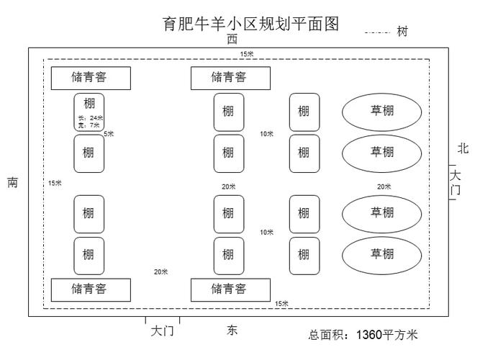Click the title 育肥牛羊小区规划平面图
[250, 23]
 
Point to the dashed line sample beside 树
[377, 32]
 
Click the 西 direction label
[232, 40]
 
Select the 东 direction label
[232, 330]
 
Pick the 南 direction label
[13, 183]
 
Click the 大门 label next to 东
[162, 331]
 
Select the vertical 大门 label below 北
[455, 182]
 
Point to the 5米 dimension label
[109, 134]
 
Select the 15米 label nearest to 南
[55, 184]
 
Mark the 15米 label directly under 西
[246, 54]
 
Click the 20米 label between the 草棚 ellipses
[384, 186]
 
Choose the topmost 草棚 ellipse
[381, 112]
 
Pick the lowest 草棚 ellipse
[381, 253]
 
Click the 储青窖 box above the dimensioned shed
[90, 77]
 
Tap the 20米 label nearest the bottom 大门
[160, 271]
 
